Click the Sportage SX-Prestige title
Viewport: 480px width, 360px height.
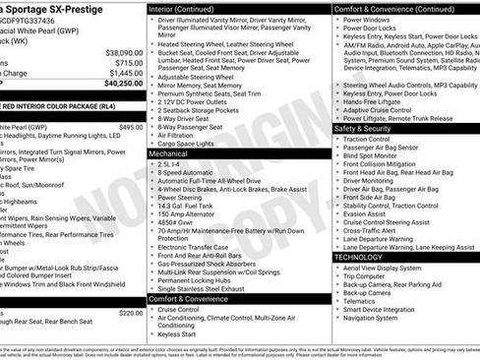click(x=53, y=10)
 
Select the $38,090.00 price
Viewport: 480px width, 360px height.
click(x=124, y=52)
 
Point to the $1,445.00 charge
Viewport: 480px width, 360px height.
click(x=125, y=73)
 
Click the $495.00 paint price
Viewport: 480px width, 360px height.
click(x=130, y=127)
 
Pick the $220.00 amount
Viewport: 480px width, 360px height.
click(x=130, y=312)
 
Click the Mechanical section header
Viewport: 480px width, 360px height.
click(x=168, y=154)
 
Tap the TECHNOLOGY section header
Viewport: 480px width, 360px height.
click(x=358, y=257)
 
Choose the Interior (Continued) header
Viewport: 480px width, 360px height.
click(x=182, y=8)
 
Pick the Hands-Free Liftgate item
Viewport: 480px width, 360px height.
click(x=373, y=101)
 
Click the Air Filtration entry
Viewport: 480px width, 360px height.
click(x=181, y=135)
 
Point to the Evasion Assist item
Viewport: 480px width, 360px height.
click(x=366, y=213)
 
